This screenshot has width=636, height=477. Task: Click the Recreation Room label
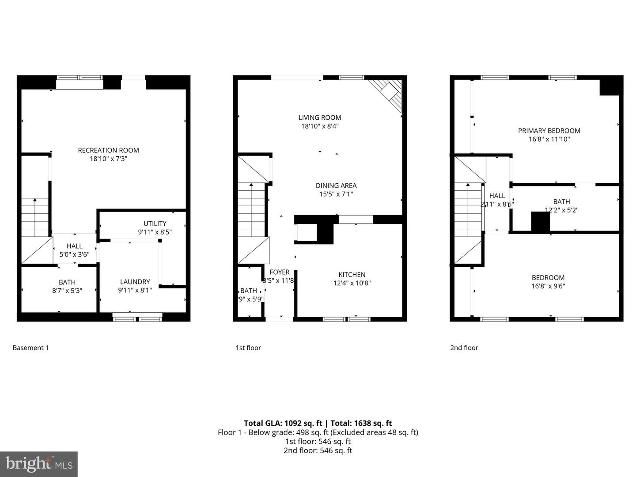click(108, 150)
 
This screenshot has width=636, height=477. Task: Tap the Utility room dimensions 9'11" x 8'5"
click(155, 232)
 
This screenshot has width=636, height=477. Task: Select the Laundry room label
click(135, 282)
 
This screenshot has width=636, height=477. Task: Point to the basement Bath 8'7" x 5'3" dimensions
click(67, 291)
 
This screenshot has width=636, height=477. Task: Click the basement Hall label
click(74, 246)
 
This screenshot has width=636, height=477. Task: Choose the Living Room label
click(320, 117)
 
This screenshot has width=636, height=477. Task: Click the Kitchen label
click(352, 275)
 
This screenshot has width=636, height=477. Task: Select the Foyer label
click(280, 272)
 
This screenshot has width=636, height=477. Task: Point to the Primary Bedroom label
click(549, 131)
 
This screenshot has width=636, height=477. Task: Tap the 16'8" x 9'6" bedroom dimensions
click(548, 286)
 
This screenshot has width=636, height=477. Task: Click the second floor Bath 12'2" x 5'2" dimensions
click(561, 210)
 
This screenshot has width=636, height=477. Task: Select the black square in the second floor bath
click(540, 222)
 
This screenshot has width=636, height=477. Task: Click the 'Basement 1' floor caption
click(30, 348)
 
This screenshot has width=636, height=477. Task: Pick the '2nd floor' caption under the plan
click(464, 348)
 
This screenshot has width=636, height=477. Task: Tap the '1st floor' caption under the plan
click(248, 348)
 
